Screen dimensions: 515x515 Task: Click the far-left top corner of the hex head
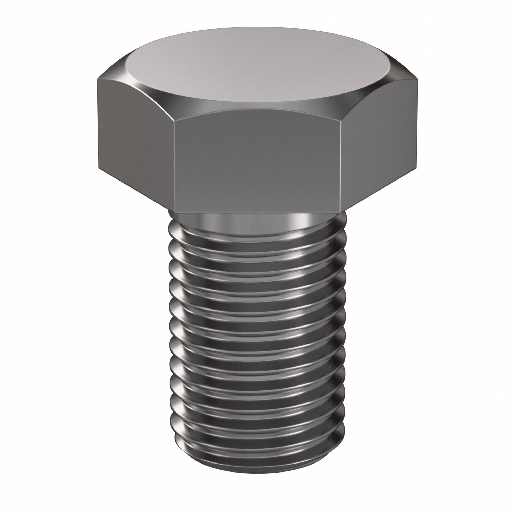(98, 78)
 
